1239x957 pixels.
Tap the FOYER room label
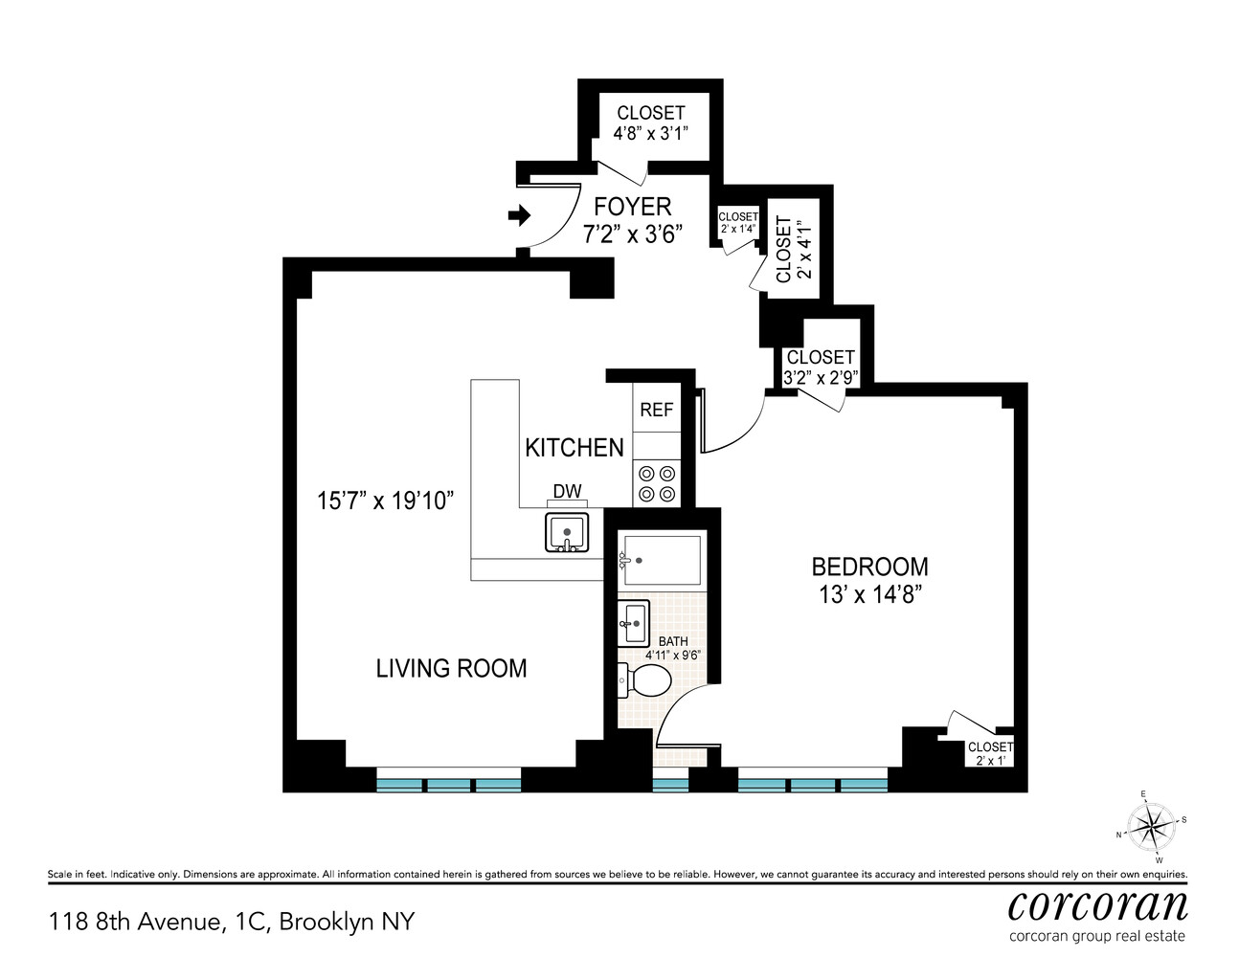tap(632, 207)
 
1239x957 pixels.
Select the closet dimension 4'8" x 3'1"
tap(651, 134)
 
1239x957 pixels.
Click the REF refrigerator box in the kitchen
tap(656, 410)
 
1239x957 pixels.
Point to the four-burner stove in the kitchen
tap(657, 483)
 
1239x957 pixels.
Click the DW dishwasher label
tap(567, 492)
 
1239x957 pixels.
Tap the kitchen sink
tap(569, 532)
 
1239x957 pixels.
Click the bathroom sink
tap(633, 623)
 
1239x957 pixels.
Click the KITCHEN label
tap(574, 448)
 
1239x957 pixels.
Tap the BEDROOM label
tap(869, 567)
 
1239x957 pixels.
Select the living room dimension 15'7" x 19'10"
tap(385, 501)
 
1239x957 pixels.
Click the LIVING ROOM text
tap(451, 668)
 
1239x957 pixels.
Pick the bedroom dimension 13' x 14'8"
tap(869, 595)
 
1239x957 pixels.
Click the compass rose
tap(1151, 826)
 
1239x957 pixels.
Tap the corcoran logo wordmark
tap(1097, 904)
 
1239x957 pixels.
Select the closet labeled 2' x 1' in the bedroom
tap(990, 753)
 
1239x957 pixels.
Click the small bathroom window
tap(670, 785)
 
